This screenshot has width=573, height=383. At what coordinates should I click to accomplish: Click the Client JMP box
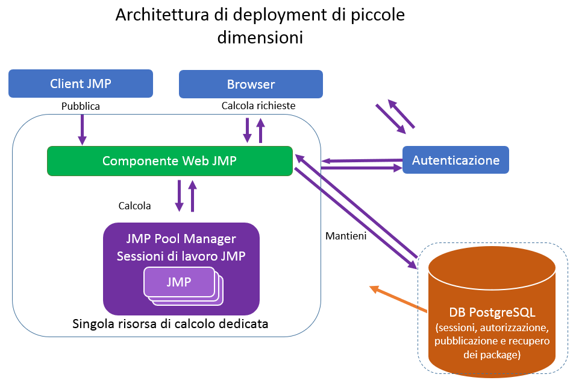point(80,84)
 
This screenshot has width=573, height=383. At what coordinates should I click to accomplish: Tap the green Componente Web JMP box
point(169,161)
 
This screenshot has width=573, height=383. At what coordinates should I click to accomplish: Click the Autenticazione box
point(456,160)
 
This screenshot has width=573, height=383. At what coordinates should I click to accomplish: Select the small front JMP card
point(178,281)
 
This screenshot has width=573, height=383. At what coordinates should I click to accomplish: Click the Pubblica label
point(80,106)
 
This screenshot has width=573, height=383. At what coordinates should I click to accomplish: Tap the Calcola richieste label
point(258,106)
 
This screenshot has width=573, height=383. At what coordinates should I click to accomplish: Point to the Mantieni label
point(345,235)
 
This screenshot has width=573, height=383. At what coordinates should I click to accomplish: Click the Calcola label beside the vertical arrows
point(134,206)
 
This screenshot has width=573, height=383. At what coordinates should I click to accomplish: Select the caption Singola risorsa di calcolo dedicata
point(170,324)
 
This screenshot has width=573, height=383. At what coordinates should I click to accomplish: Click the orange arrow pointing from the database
point(398,299)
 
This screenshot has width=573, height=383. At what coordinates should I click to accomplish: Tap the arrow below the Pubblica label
point(82,130)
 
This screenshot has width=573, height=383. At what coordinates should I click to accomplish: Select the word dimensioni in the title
point(260,37)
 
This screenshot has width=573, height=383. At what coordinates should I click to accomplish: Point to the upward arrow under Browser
point(260,130)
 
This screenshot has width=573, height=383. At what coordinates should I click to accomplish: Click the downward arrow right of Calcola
point(179,195)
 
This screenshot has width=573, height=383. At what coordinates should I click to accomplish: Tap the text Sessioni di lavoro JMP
point(181,255)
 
